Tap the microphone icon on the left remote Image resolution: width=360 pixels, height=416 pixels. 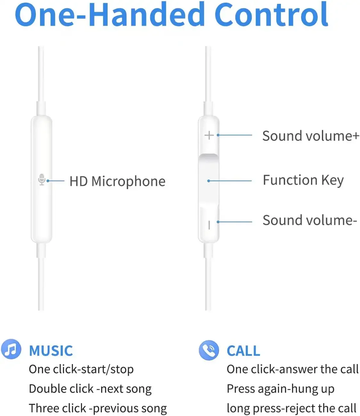(x=42, y=179)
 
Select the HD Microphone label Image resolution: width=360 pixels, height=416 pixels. (x=118, y=181)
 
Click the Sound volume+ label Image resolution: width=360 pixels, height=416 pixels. (x=311, y=136)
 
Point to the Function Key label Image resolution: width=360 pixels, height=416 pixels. (x=303, y=180)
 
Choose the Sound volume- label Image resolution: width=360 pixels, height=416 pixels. (x=309, y=220)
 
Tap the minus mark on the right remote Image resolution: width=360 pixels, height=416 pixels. (x=209, y=225)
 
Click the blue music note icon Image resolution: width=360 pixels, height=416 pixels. (x=11, y=349)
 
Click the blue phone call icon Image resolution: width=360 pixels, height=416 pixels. (x=209, y=350)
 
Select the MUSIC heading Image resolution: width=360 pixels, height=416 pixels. (x=51, y=351)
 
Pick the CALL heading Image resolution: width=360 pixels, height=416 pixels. (x=243, y=351)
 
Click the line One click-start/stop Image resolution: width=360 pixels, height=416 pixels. (x=81, y=369)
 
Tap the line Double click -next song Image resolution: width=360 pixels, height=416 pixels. (x=90, y=389)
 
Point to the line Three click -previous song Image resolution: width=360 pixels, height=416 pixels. (x=98, y=408)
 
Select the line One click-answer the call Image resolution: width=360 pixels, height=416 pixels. (x=292, y=369)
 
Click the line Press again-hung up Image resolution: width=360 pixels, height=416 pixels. (x=281, y=389)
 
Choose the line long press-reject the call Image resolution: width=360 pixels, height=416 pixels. (x=291, y=408)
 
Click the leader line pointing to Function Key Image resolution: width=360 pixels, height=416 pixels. (x=230, y=181)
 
